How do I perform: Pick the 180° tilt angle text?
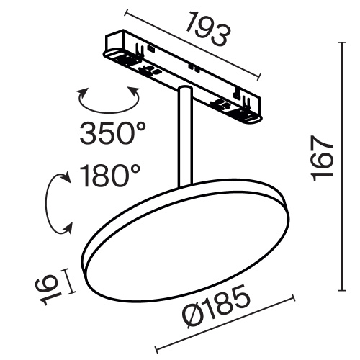pyautogui.click(x=109, y=175)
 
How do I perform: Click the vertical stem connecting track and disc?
pyautogui.click(x=184, y=137)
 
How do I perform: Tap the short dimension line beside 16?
pyautogui.click(x=70, y=281)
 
